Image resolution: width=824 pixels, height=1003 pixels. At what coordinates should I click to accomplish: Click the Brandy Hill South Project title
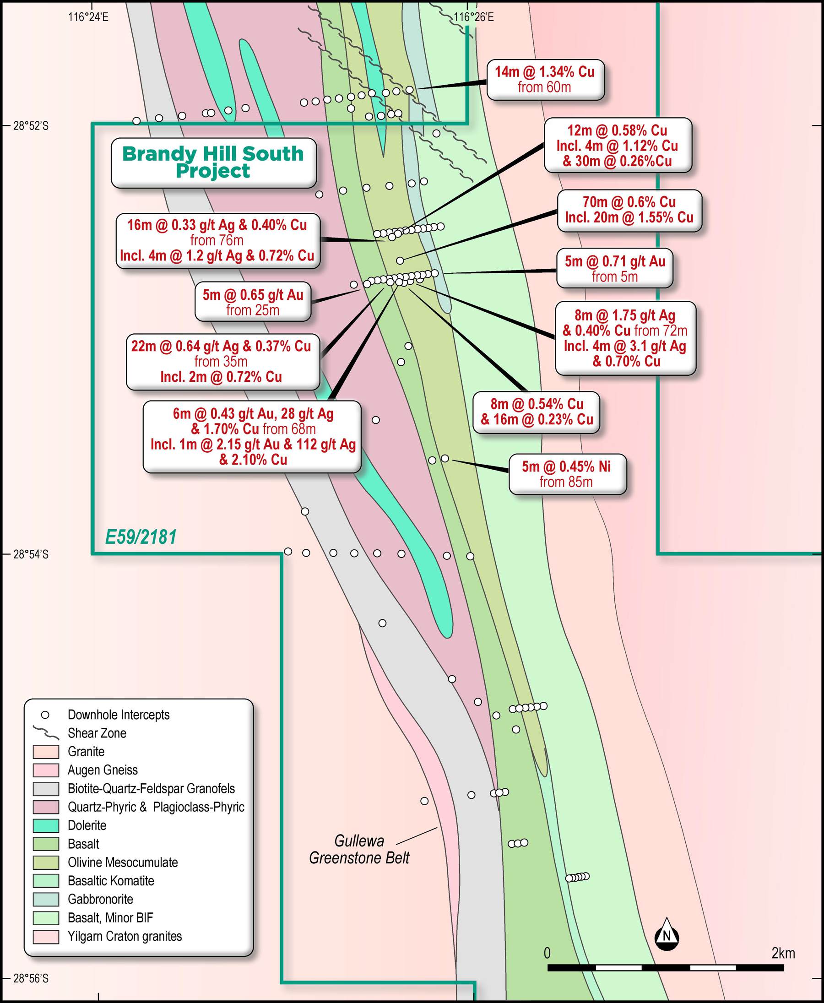[x=213, y=163]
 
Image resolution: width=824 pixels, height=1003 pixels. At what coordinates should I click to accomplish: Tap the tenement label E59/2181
[x=141, y=537]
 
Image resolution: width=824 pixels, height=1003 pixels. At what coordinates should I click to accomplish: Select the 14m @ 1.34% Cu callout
[x=545, y=79]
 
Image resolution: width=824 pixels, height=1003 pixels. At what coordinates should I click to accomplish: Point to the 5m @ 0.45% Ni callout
[x=567, y=474]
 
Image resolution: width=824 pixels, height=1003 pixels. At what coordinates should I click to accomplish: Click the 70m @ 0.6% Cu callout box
[x=629, y=210]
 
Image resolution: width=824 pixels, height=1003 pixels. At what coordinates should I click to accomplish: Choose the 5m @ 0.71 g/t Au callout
[x=615, y=268]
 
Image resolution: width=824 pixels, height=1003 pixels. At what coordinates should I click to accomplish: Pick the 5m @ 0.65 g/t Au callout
[x=253, y=302]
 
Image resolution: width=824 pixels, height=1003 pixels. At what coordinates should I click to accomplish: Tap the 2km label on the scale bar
[x=783, y=953]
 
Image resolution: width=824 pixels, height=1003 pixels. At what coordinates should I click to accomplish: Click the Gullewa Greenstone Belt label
[x=359, y=849]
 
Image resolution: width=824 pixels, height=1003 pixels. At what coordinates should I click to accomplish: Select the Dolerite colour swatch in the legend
[x=46, y=825]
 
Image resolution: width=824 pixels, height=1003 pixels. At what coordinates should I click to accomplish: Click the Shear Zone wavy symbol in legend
[x=46, y=732]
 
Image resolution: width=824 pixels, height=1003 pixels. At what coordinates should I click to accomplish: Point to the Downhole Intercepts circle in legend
[x=46, y=715]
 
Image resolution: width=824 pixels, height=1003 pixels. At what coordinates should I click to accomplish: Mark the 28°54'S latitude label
[x=31, y=554]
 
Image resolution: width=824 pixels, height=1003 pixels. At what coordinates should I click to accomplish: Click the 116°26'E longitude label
[x=473, y=17]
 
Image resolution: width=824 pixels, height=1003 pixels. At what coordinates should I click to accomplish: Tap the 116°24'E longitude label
[x=88, y=17]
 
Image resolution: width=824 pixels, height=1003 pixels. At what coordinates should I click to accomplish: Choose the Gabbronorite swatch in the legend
[x=46, y=899]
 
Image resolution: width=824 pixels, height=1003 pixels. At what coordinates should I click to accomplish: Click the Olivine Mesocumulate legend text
[x=123, y=862]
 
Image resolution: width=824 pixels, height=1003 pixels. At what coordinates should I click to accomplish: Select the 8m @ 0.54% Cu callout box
[x=537, y=412]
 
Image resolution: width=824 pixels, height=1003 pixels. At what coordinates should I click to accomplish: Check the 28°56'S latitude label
[x=31, y=978]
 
